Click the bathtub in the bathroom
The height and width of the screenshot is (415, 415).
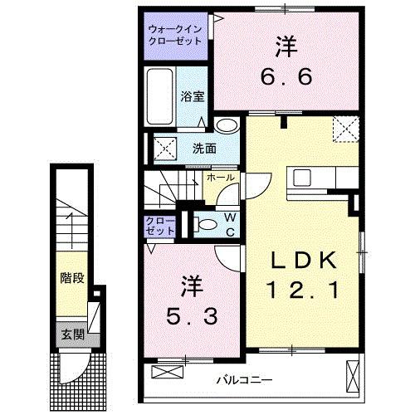(159, 97)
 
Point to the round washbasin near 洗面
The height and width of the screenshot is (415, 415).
(225, 125)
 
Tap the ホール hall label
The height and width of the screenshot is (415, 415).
(221, 178)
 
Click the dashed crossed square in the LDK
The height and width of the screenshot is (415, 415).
(344, 129)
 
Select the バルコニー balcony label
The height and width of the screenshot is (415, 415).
(245, 379)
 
